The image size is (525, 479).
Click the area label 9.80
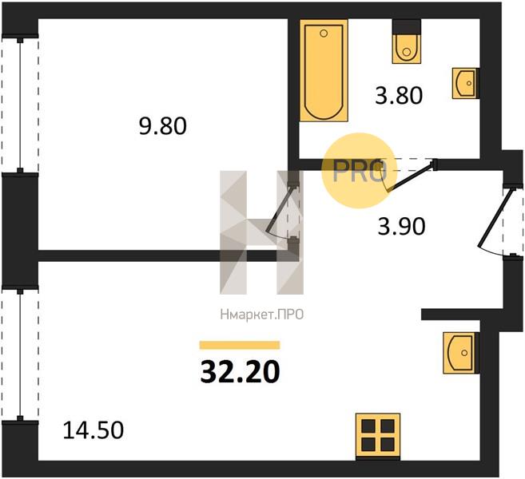[x=163, y=126]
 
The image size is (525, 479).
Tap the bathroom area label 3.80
[x=399, y=95]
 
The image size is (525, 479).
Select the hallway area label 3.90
[x=401, y=227]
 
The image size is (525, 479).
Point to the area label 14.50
[x=93, y=430]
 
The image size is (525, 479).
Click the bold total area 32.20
[x=240, y=372]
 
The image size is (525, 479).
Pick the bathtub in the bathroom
[x=324, y=70]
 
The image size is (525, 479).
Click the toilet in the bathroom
[x=407, y=42]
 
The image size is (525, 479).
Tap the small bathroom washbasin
[x=465, y=83]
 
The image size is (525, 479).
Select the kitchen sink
[x=461, y=353]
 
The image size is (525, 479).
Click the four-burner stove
[x=378, y=436]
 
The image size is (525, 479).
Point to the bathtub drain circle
[x=324, y=34]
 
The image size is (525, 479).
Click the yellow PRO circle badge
[x=360, y=171]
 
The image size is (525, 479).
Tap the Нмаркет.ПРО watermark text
[x=262, y=315]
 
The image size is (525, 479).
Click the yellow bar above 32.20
[x=240, y=345]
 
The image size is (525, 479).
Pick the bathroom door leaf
[x=412, y=177]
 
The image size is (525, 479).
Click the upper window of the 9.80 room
[x=20, y=105]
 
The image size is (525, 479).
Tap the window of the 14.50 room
[x=20, y=354]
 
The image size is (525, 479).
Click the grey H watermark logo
[x=262, y=232]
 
